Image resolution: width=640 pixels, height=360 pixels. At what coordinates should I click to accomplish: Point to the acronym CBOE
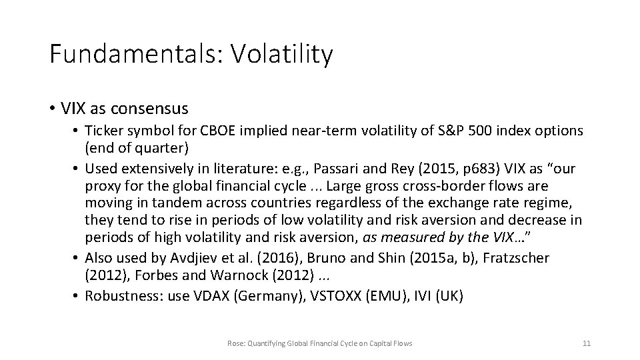(231, 131)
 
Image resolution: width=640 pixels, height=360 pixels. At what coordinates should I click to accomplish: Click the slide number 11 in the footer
(587, 343)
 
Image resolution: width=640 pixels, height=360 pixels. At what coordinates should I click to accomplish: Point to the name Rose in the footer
(235, 343)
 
